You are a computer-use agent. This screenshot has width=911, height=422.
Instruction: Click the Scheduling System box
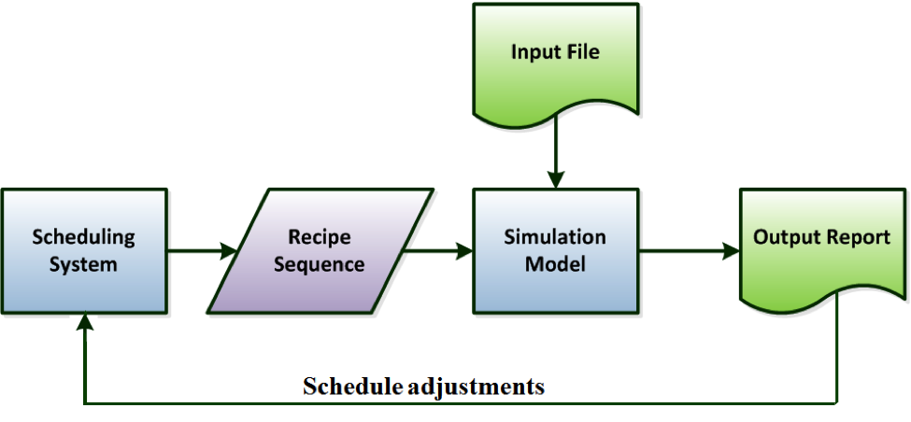(x=84, y=251)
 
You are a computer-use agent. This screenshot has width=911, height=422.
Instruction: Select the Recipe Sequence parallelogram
(x=320, y=251)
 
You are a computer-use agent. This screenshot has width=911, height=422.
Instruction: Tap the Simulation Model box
(x=555, y=251)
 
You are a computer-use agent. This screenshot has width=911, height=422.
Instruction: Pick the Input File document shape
(x=555, y=65)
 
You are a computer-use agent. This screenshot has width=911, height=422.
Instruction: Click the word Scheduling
(x=84, y=237)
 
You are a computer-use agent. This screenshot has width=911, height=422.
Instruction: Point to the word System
(x=83, y=265)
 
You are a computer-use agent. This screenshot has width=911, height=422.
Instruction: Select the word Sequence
(x=320, y=264)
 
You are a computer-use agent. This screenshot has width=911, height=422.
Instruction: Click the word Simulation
(x=555, y=237)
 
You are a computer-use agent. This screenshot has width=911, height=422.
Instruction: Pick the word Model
(x=555, y=264)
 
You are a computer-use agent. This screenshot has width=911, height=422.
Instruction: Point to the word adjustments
(x=476, y=386)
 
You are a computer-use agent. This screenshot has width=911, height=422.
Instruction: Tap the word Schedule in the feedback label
(x=352, y=386)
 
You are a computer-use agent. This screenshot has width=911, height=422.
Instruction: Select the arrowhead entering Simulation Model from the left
(x=464, y=251)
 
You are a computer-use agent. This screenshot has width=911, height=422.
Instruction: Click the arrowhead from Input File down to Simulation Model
(x=556, y=180)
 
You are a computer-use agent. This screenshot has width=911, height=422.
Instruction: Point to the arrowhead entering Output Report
(x=732, y=251)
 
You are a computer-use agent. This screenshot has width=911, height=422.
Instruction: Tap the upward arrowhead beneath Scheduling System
(x=85, y=322)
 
